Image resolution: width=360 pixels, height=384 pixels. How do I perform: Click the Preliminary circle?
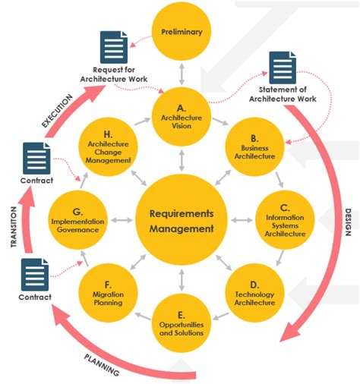point(180,32)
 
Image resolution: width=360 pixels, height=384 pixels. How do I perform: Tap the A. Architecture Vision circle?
point(180,113)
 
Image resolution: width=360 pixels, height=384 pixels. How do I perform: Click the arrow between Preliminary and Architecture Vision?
point(180,74)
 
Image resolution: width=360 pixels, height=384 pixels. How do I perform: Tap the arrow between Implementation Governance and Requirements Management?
point(122,220)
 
